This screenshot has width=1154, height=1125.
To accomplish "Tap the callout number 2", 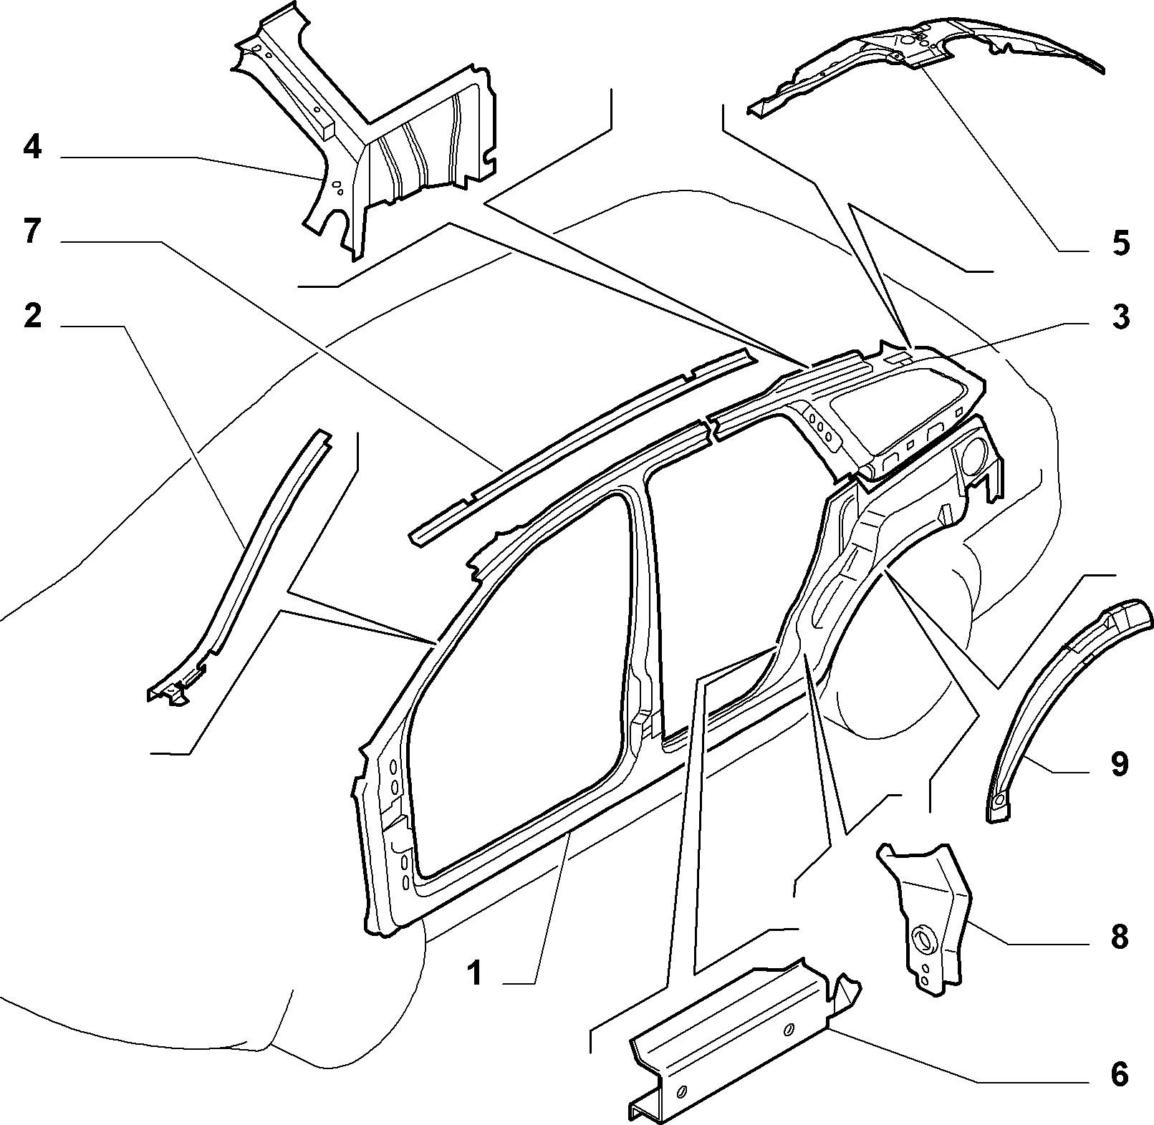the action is coord(33,316).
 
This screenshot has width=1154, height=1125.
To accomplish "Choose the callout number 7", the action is coord(33,233).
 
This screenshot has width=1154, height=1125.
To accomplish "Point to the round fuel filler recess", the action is coord(973,456).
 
